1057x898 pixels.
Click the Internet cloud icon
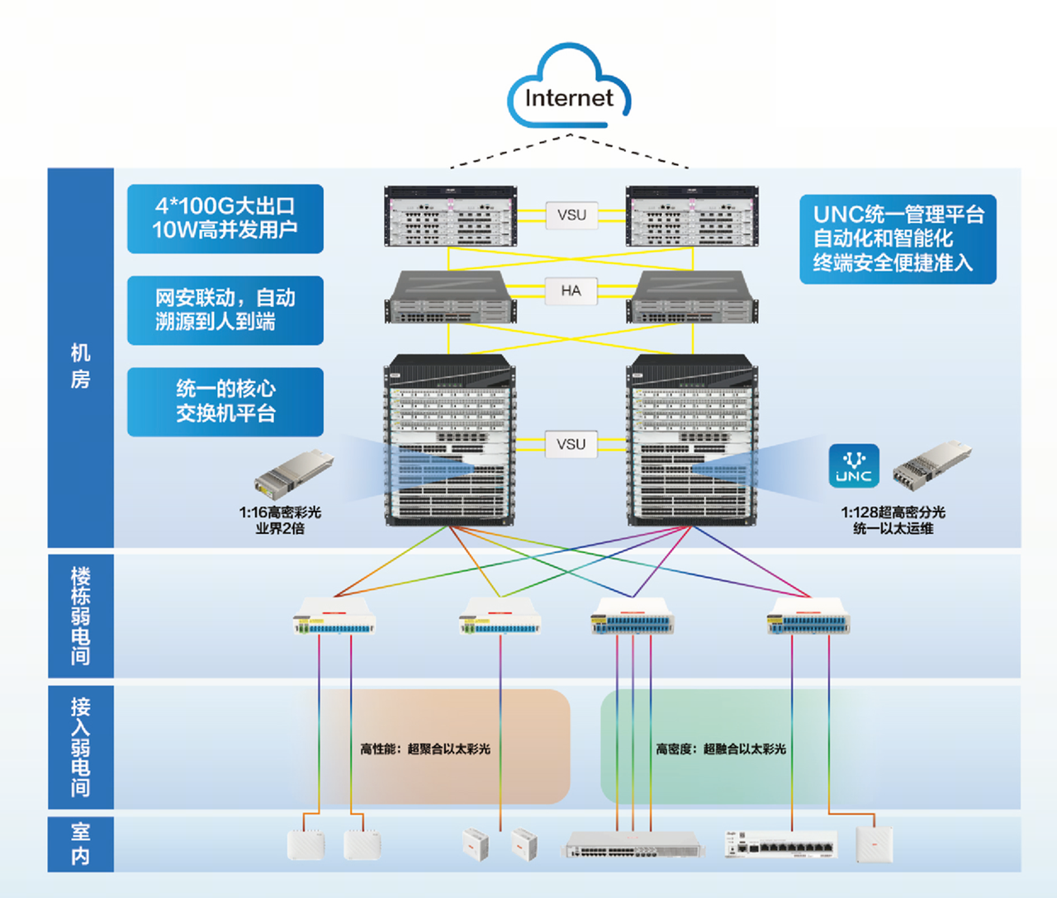[x=569, y=86]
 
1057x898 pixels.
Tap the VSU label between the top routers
[x=571, y=215]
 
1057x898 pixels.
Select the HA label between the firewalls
[x=571, y=291]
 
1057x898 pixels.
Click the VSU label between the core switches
[x=571, y=444]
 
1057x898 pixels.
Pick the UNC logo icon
[x=854, y=466]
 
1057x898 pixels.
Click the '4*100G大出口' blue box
[x=225, y=219]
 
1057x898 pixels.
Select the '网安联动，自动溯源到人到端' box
[x=225, y=310]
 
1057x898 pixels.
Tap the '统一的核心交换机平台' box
[x=225, y=402]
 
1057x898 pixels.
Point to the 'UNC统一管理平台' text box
[x=898, y=239]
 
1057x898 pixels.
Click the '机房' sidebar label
[x=80, y=366]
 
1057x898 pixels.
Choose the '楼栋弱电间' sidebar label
[x=80, y=616]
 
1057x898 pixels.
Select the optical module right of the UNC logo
[x=931, y=466]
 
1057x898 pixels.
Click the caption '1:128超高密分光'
[x=893, y=512]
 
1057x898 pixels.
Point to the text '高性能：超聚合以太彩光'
[x=425, y=749]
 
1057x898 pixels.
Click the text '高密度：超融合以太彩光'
[x=721, y=749]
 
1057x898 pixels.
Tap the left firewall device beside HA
[x=450, y=297]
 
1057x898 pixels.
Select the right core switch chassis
[x=692, y=440]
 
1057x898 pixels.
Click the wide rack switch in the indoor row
[x=633, y=844]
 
